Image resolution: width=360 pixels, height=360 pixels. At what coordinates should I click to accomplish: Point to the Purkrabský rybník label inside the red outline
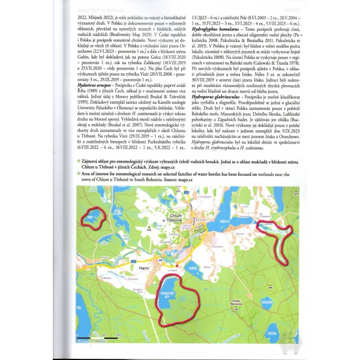tap(166, 295)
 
